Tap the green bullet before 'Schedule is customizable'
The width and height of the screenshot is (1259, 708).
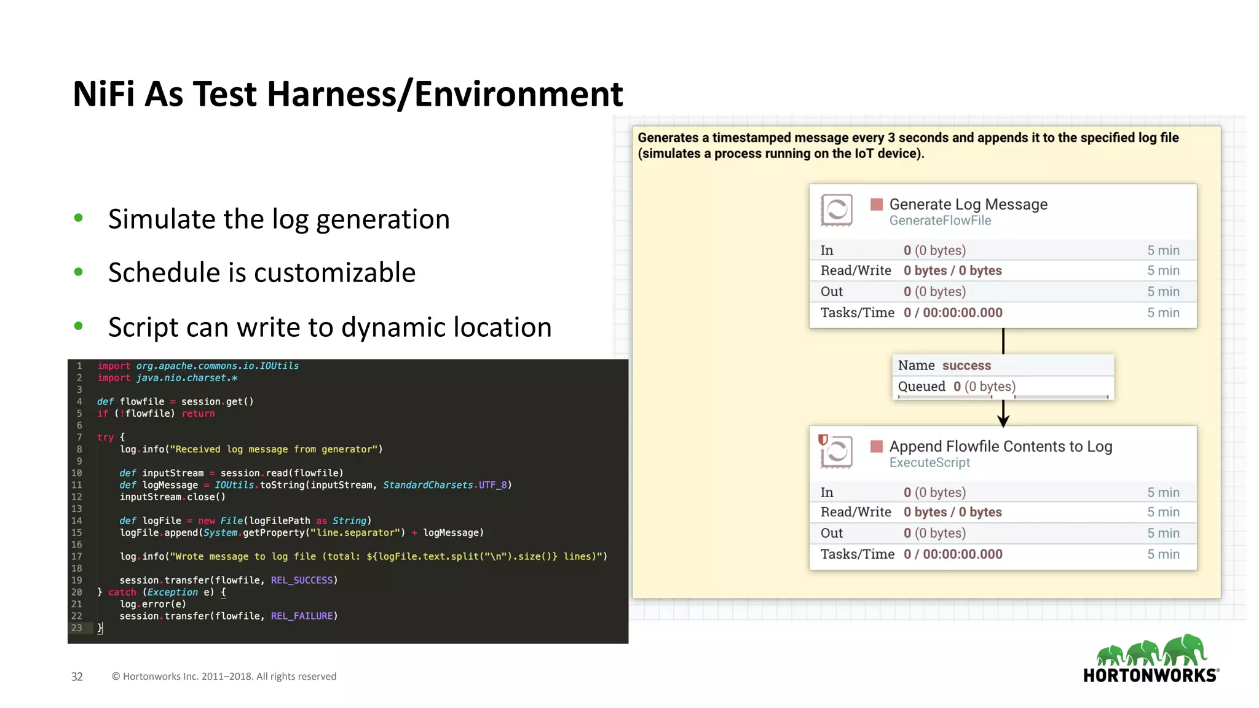tap(78, 272)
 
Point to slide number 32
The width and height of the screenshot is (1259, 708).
tap(77, 677)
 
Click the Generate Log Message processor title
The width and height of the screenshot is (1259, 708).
tap(968, 204)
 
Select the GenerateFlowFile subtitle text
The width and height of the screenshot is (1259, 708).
tap(939, 221)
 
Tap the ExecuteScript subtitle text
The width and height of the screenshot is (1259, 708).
tap(929, 463)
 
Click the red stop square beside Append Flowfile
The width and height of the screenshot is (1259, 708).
tap(877, 446)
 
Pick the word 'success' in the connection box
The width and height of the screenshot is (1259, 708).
tap(966, 366)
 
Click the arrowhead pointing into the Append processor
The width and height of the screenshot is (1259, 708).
tap(1003, 421)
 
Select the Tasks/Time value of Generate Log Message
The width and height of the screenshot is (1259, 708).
tap(952, 313)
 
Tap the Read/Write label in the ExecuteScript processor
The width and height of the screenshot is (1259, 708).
tap(855, 512)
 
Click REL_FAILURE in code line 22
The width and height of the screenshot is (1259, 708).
tap(304, 616)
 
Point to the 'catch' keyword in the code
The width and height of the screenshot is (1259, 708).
tap(122, 592)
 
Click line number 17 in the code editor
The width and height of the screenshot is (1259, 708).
tap(76, 557)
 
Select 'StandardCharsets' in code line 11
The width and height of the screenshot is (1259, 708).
tap(427, 485)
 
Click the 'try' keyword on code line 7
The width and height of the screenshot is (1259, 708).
tap(105, 437)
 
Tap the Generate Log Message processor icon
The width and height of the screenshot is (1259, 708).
tap(836, 210)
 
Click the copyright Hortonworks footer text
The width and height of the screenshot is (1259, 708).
tap(224, 677)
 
